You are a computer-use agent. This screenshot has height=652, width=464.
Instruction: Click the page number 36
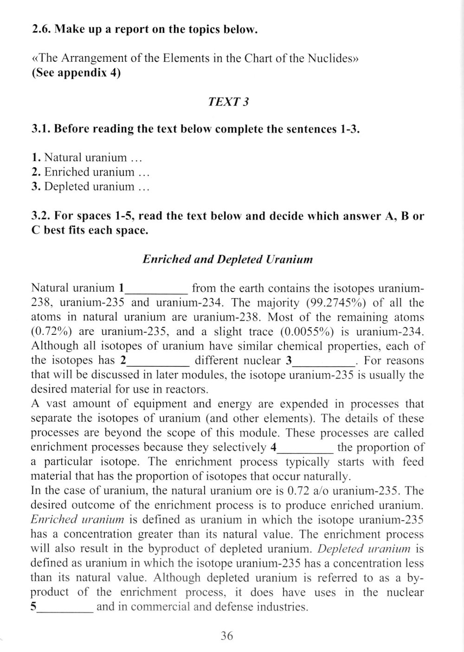[227, 636]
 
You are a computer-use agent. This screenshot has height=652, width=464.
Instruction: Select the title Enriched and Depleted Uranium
[227, 259]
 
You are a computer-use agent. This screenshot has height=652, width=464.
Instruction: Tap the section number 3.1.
[41, 129]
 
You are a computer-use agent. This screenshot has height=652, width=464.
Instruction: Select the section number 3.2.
[41, 216]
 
